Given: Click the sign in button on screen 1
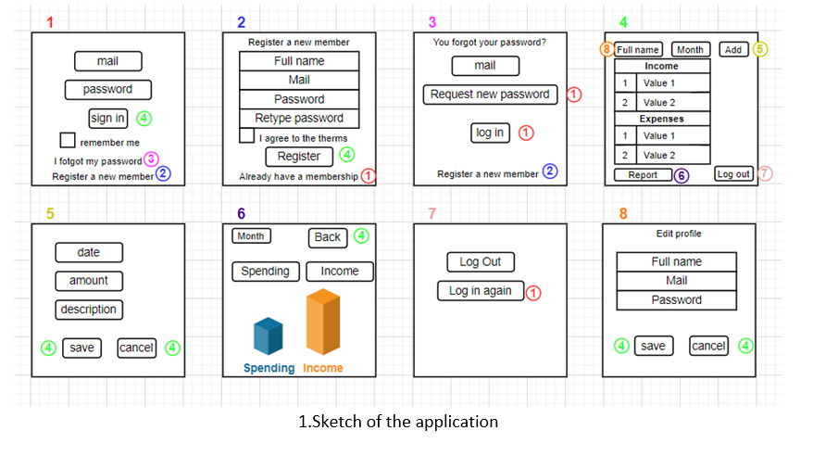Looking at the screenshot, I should click(107, 118).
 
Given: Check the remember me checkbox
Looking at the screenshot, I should click(68, 141).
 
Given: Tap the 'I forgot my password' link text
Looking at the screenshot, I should click(97, 160).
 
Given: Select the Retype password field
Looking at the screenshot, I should click(299, 118).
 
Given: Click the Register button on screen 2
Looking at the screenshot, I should click(299, 157).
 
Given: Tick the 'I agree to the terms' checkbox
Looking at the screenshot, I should click(246, 135).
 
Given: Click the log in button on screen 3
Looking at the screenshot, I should click(490, 133).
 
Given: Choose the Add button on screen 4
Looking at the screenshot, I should click(732, 50).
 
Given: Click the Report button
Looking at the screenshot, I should click(643, 174).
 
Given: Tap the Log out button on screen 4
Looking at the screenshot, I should click(733, 174).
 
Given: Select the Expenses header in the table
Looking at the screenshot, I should click(662, 120).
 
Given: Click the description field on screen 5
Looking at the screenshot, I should click(89, 310).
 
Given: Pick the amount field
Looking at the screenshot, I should click(89, 281).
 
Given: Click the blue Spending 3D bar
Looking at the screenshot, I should click(268, 336).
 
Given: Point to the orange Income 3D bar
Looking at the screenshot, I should click(323, 323).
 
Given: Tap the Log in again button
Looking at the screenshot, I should click(481, 291).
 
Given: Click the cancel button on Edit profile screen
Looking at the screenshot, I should click(708, 346).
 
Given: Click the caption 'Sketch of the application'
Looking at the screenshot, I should click(397, 422).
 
